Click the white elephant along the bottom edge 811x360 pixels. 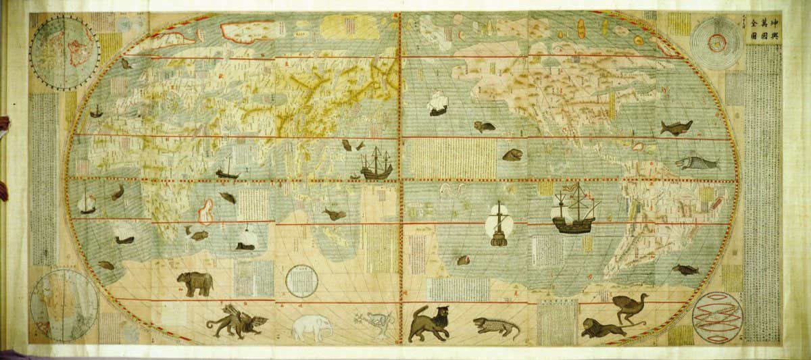click(x=312, y=328)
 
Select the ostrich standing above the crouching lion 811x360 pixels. click(x=631, y=308)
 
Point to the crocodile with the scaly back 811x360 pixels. click(x=497, y=328)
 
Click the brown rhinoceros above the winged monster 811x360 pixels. click(x=195, y=284)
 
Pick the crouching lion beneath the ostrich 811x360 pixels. click(x=603, y=329)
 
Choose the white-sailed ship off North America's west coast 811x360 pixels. click(x=438, y=103)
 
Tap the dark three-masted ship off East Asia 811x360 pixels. click(x=376, y=163)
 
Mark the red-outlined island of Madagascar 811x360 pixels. click(x=205, y=211)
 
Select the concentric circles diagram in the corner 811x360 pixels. click(x=718, y=42)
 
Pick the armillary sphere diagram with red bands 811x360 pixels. click(x=717, y=317)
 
